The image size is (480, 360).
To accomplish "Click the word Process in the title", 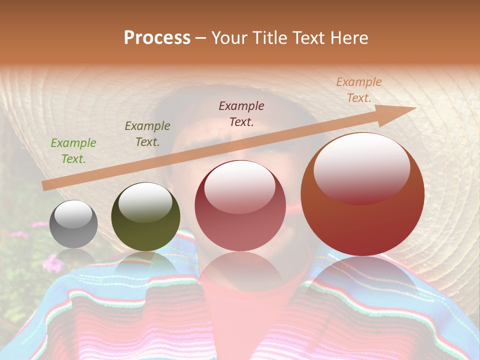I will (x=157, y=38).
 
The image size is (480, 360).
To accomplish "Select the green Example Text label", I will (x=73, y=150).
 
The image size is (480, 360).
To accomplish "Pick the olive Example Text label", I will (x=147, y=133).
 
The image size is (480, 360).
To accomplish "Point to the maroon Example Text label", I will (x=241, y=113).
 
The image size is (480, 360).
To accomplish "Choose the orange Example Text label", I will (x=358, y=90).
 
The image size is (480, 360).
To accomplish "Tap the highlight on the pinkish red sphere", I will (x=239, y=186).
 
